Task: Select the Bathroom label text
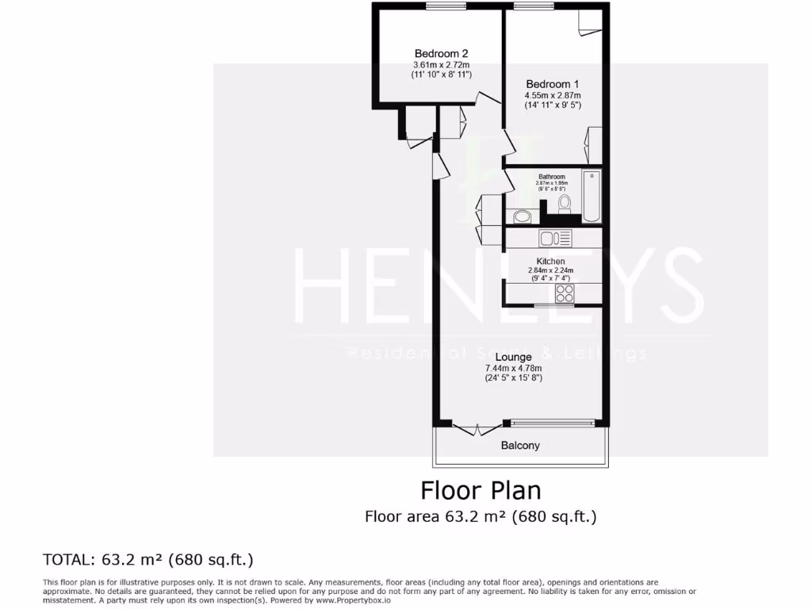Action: coord(552,177)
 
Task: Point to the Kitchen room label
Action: coord(550,261)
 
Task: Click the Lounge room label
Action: coord(513,358)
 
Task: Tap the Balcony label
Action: coord(520,446)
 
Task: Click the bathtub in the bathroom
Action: coord(591,196)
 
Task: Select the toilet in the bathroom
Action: coord(565,205)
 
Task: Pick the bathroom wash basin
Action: coord(522,216)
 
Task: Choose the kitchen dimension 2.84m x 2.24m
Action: coord(550,270)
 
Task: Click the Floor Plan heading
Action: coord(481,490)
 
